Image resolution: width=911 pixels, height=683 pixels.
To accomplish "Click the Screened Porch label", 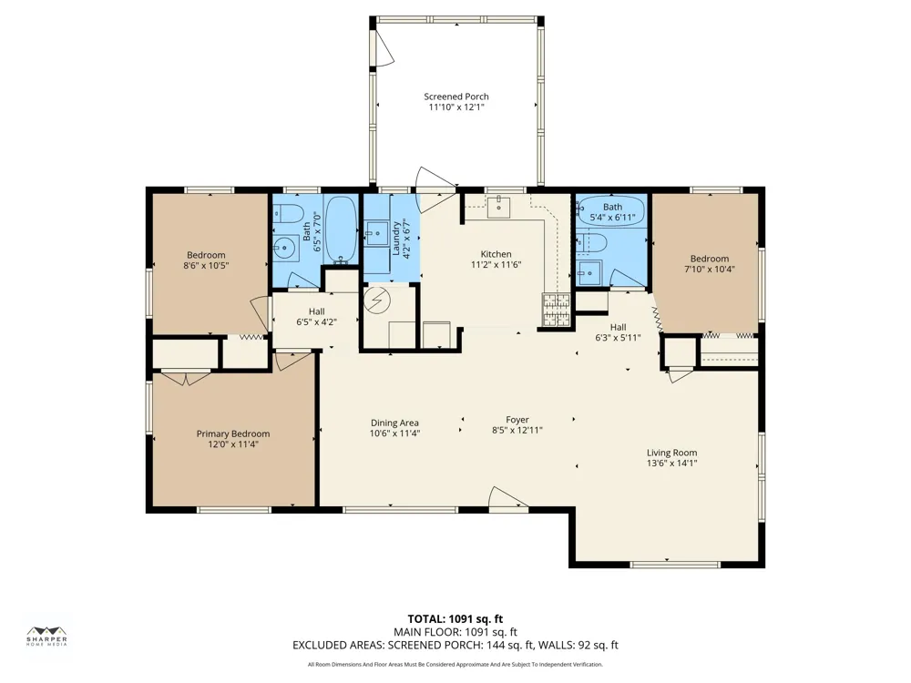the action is [456, 97].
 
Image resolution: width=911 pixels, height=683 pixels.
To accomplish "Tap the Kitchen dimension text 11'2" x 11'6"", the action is [496, 265].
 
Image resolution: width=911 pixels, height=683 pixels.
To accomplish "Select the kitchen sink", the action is [498, 207].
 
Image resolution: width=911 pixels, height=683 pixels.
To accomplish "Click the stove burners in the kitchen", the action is [556, 309].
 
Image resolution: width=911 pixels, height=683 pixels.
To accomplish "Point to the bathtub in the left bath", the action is [341, 229].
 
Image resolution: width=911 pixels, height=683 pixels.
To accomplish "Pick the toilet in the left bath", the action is [286, 214].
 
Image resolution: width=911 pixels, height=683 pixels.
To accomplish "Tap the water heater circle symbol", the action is [374, 300].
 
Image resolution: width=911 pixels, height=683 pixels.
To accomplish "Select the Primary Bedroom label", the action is [233, 433].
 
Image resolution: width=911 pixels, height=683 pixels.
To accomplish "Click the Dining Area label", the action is [394, 423].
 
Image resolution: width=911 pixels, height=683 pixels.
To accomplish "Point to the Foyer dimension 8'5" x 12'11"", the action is [517, 431].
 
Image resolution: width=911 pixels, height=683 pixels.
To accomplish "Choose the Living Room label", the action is [671, 453].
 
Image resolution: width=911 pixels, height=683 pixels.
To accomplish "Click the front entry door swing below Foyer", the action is [507, 498].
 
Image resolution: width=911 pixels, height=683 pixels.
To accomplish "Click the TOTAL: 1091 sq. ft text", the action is [455, 619].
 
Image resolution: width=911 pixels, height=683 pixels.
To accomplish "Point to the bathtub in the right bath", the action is [611, 211].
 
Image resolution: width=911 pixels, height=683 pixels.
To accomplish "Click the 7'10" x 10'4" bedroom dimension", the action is [710, 269].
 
